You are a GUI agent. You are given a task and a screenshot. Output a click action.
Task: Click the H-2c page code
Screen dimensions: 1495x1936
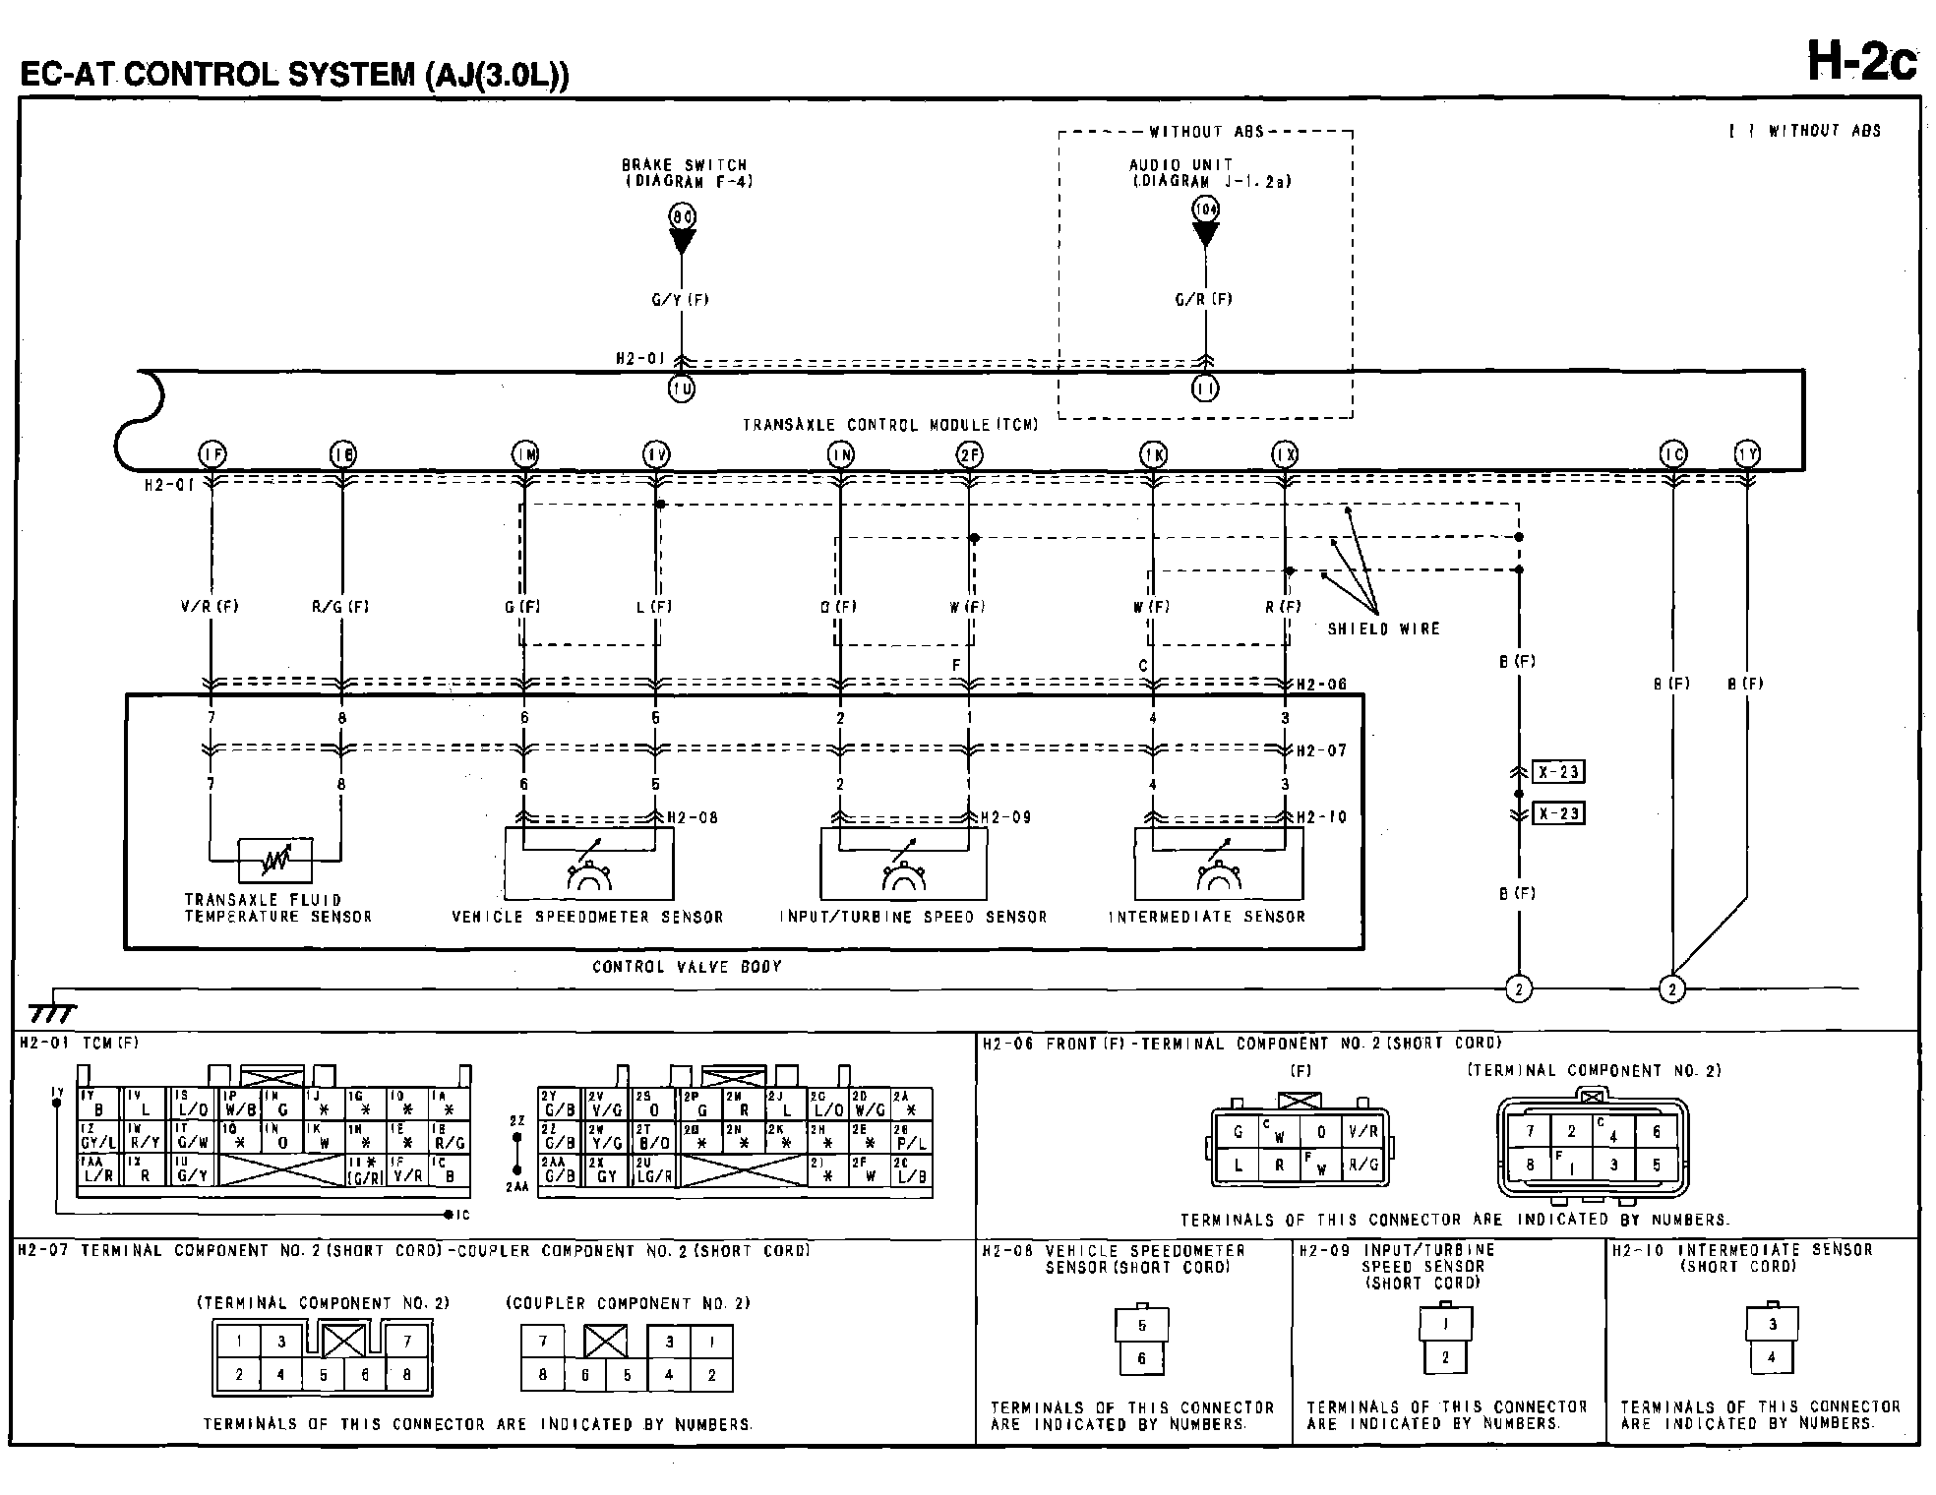[x=1862, y=61]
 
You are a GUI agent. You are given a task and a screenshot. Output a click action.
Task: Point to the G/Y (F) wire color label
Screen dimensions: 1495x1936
[x=680, y=300]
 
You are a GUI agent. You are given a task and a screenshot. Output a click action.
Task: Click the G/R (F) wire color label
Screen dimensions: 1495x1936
[x=1204, y=300]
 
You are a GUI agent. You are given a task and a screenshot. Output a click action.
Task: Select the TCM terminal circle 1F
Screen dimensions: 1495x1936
[x=212, y=454]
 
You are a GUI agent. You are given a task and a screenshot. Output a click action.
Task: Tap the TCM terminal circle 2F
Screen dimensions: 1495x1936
[x=969, y=454]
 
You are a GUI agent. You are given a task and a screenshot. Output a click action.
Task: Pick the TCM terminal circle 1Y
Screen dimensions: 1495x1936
[x=1747, y=454]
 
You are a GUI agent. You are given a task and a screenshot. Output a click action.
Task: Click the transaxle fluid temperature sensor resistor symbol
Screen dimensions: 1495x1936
[x=275, y=862]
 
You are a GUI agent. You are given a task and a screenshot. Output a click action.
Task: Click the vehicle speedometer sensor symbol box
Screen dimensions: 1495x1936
[x=588, y=864]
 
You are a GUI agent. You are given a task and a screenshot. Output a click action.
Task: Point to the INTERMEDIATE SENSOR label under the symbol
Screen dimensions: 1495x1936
[x=1207, y=917]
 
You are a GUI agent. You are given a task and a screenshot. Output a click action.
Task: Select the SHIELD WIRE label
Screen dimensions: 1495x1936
[x=1383, y=629]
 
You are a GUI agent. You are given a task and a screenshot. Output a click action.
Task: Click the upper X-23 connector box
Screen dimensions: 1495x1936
[x=1558, y=772]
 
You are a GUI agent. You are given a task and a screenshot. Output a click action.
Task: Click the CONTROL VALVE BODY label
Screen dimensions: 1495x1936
[x=687, y=967]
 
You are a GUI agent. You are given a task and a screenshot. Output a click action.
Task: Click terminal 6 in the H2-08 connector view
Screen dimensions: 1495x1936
[x=1142, y=1358]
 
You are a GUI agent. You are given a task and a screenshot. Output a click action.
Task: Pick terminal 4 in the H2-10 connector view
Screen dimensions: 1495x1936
[x=1772, y=1358]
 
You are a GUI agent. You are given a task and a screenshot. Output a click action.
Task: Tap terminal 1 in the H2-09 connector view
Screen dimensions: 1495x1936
[x=1445, y=1324]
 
